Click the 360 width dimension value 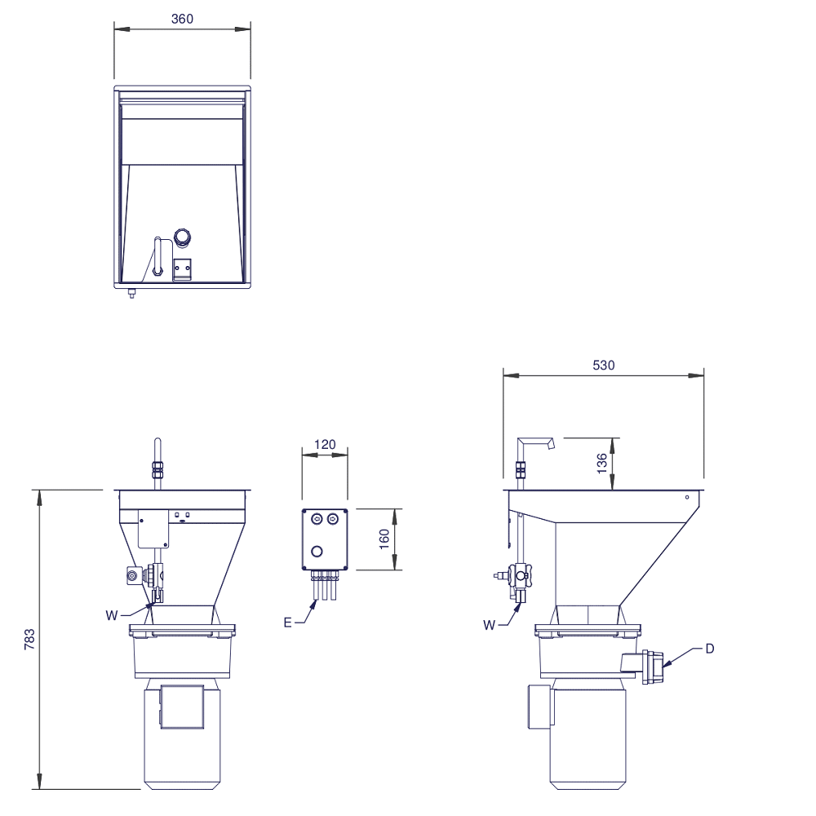(182, 19)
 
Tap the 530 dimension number (604, 366)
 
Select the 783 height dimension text (29, 639)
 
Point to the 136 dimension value (601, 463)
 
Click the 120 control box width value (326, 445)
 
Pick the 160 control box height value (384, 539)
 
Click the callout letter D (709, 649)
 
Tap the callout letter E (288, 623)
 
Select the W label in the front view (111, 615)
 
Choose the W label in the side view (489, 626)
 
